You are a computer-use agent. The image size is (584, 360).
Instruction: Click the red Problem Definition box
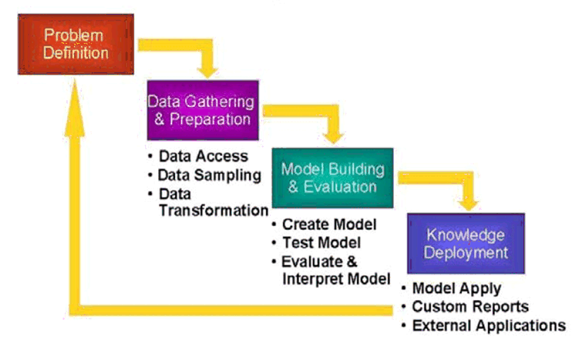tap(76, 44)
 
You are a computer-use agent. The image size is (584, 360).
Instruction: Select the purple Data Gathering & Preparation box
tap(201, 109)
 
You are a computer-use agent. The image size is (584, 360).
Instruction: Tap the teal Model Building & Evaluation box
tap(332, 177)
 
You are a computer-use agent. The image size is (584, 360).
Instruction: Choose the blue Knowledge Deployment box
tap(466, 244)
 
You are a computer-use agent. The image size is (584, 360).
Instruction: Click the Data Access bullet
tap(203, 156)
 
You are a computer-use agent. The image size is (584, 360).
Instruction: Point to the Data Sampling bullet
tap(209, 174)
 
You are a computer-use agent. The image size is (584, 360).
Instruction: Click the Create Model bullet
tap(329, 224)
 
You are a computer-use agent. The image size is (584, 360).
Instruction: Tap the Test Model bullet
tap(321, 242)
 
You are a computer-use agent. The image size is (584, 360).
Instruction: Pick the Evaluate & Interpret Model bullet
tap(336, 270)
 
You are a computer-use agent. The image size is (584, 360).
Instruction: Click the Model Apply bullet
tap(456, 289)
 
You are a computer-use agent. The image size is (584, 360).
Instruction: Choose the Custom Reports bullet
tap(470, 307)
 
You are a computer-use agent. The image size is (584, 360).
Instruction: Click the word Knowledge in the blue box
tap(466, 235)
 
